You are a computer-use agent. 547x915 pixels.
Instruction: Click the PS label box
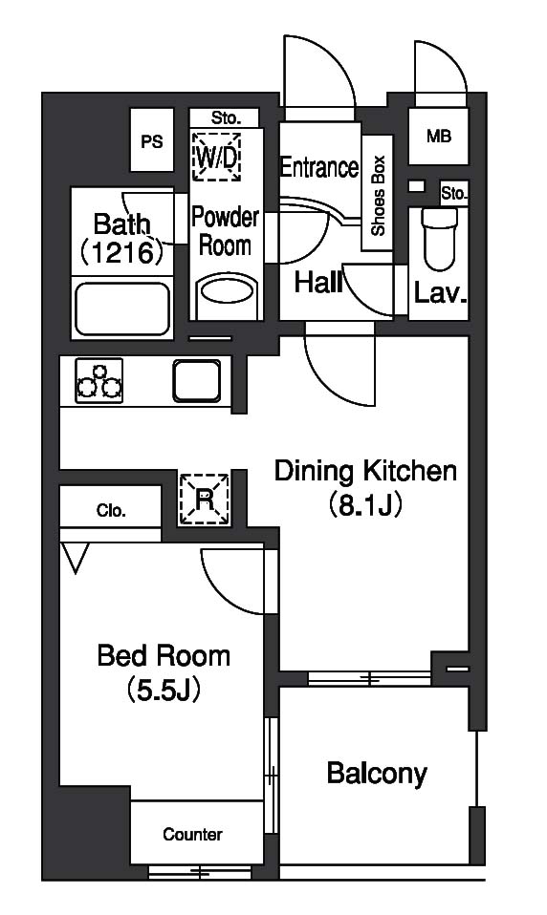click(152, 140)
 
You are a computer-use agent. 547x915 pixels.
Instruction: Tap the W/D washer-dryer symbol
click(217, 157)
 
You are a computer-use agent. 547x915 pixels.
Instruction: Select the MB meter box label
click(438, 137)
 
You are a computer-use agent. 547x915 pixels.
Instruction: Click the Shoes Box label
click(378, 195)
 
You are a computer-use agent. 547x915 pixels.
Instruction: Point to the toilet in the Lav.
click(438, 240)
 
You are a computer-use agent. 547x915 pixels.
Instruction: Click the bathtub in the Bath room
click(122, 309)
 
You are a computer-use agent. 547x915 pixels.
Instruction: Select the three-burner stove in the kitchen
click(99, 380)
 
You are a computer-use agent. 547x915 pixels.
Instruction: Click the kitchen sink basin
click(197, 380)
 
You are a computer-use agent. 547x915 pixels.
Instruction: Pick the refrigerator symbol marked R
click(204, 500)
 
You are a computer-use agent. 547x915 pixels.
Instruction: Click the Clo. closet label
click(111, 511)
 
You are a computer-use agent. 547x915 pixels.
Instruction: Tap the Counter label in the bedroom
click(193, 835)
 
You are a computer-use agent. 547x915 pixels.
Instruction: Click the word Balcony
click(377, 774)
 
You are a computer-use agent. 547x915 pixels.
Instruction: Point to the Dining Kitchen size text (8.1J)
click(365, 504)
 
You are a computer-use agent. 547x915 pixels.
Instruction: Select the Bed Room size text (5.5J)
click(164, 690)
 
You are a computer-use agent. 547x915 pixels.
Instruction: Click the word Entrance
click(319, 167)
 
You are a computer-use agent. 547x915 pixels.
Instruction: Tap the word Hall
click(318, 283)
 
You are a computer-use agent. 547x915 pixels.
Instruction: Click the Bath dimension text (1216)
click(121, 251)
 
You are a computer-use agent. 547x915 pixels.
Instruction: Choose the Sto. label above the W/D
click(226, 118)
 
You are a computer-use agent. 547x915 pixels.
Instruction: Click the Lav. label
click(440, 293)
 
